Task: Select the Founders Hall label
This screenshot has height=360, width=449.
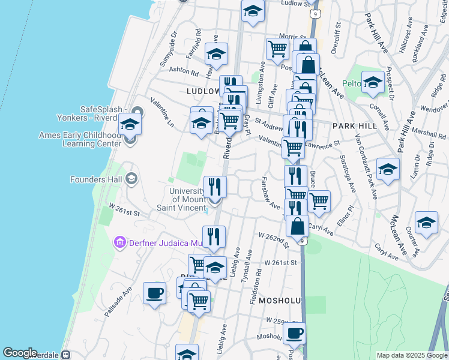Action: point(96,179)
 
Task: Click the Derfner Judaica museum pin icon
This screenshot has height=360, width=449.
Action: point(119,242)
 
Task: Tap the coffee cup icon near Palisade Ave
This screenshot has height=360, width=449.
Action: point(155,293)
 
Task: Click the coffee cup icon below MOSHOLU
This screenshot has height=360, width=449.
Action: point(294,334)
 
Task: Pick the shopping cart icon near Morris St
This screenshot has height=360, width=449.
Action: point(277,49)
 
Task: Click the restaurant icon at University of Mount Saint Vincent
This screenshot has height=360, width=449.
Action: point(214,187)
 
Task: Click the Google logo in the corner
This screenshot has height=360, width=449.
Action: point(20,352)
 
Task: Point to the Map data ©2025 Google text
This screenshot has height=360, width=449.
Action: point(411,355)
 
